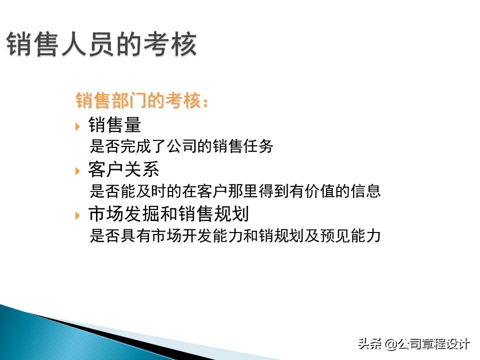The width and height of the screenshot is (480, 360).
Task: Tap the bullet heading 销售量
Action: tap(114, 125)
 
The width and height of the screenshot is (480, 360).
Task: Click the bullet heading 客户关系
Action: tap(123, 169)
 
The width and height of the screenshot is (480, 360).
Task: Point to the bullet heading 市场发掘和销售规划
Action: tap(168, 214)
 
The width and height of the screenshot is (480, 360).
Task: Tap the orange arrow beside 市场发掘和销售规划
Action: tap(77, 215)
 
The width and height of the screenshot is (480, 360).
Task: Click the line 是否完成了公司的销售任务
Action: tap(181, 146)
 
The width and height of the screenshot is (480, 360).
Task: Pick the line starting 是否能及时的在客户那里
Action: tap(235, 191)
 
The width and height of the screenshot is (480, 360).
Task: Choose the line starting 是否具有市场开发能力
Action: tap(235, 235)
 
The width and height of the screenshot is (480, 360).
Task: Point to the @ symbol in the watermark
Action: tap(390, 344)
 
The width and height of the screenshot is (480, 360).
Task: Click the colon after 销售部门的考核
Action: tap(203, 102)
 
